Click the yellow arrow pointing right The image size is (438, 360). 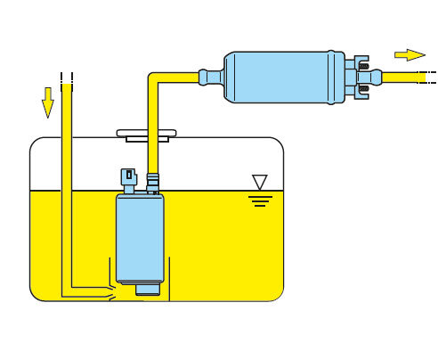click(x=410, y=54)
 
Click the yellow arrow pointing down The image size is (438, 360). click(x=47, y=102)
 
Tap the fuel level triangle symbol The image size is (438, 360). click(x=260, y=182)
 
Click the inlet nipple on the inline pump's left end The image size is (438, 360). click(x=210, y=78)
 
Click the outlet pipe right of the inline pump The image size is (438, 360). click(x=405, y=78)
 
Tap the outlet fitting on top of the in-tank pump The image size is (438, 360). click(x=152, y=183)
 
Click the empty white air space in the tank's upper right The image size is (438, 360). click(x=231, y=160)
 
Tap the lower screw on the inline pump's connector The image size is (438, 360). click(x=363, y=89)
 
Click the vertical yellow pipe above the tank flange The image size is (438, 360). click(x=154, y=111)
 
